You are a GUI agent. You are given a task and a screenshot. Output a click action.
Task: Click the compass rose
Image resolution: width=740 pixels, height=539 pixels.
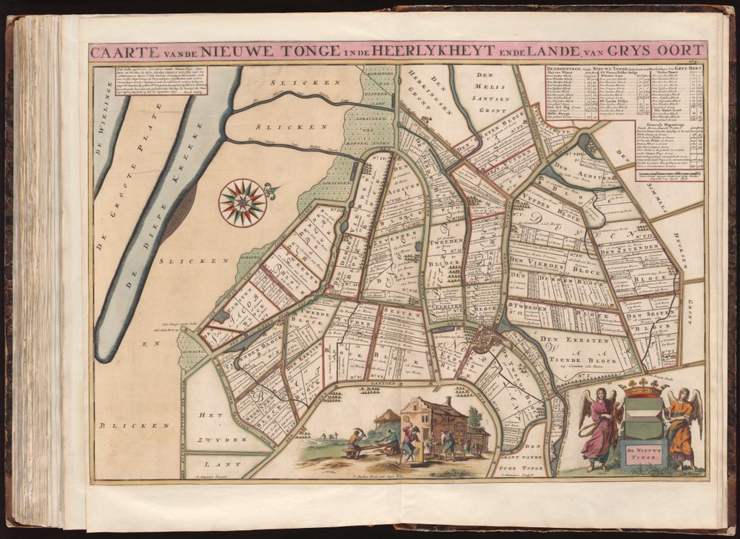pyautogui.click(x=243, y=202)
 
